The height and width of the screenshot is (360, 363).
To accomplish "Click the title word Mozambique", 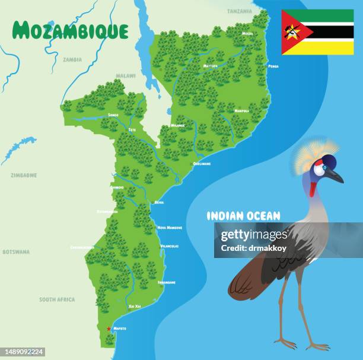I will pyautogui.click(x=70, y=30).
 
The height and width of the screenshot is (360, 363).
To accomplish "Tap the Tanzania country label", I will pyautogui.click(x=239, y=11).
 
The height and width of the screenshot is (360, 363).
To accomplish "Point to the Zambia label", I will pyautogui.click(x=72, y=59).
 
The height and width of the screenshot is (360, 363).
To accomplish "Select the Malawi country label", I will pyautogui.click(x=125, y=76).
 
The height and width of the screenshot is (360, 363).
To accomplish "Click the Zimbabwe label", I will pyautogui.click(x=24, y=176).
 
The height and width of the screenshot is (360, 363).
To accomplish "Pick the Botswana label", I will pyautogui.click(x=15, y=251).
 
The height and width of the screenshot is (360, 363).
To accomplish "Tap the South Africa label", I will pyautogui.click(x=57, y=300).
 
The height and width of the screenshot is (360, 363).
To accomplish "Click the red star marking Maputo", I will pyautogui.click(x=109, y=329).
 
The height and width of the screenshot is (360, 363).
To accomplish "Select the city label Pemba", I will pyautogui.click(x=273, y=66).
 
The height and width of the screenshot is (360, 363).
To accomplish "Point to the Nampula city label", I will pyautogui.click(x=241, y=111).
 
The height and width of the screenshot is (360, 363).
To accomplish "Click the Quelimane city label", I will pyautogui.click(x=202, y=164).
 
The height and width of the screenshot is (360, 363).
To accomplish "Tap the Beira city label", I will pyautogui.click(x=159, y=202).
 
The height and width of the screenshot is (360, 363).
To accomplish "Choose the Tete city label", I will pyautogui.click(x=132, y=129).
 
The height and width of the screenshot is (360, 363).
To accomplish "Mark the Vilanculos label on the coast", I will pyautogui.click(x=169, y=246).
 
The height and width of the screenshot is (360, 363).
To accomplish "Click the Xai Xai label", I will pyautogui.click(x=135, y=306).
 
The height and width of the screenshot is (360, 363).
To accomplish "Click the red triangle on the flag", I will pyautogui.click(x=291, y=32).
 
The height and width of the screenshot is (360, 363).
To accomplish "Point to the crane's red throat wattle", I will pyautogui.click(x=313, y=189).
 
